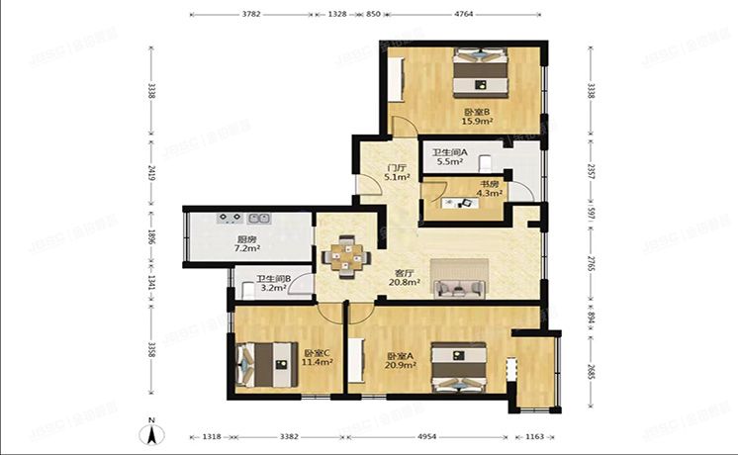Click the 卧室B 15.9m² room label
[x=478, y=117]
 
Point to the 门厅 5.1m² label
[x=372, y=173]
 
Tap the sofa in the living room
[x=459, y=288]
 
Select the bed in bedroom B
[x=482, y=71]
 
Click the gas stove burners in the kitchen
[x=231, y=218]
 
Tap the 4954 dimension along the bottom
[x=426, y=435]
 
